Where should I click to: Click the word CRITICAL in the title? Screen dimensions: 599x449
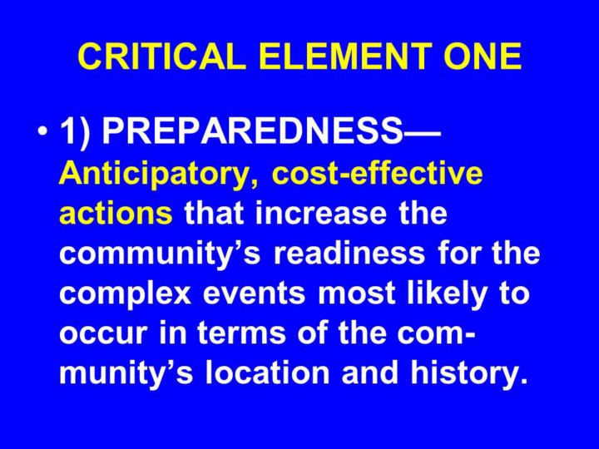161,57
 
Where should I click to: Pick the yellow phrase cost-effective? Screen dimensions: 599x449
377,173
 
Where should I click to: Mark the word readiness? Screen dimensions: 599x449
349,253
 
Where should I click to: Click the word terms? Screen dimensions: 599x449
241,333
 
